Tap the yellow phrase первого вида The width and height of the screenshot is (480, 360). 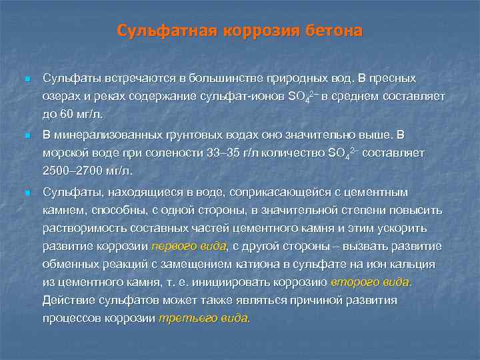(189, 246)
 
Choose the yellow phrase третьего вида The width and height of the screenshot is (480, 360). (203, 318)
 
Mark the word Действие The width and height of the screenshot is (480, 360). (67, 300)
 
